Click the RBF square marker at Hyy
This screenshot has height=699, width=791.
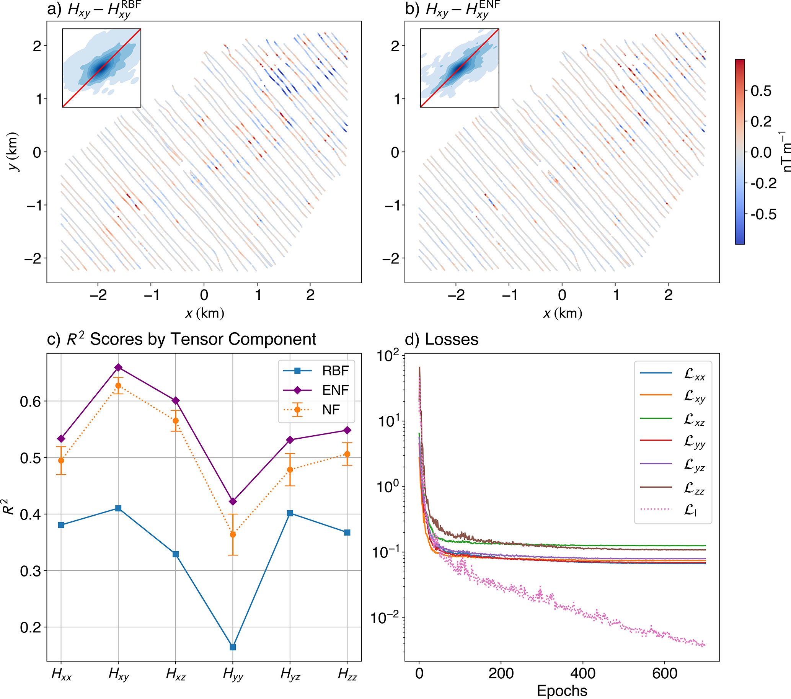233,647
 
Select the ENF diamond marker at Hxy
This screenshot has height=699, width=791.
118,367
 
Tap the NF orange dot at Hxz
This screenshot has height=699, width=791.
176,421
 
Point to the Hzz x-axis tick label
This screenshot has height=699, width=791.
347,675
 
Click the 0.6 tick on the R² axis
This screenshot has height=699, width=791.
30,401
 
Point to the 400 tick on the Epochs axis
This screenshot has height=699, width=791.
583,674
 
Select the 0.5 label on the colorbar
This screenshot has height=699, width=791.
761,91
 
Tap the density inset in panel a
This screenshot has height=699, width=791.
101,68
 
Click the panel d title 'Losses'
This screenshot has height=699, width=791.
451,340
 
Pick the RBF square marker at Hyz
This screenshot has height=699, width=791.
290,513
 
